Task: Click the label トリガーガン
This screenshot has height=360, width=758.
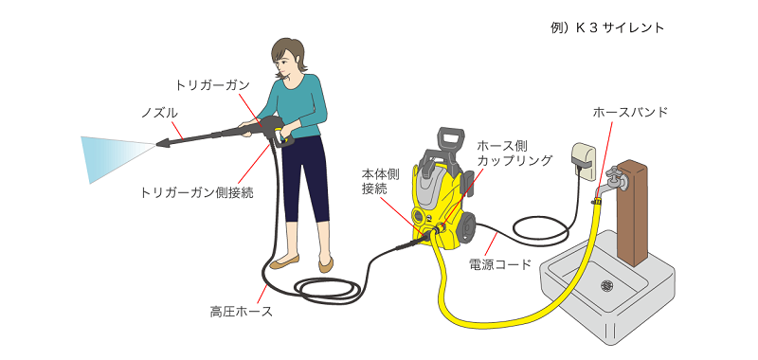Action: [212, 86]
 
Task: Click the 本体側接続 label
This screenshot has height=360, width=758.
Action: [374, 181]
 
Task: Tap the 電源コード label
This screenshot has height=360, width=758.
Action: [500, 265]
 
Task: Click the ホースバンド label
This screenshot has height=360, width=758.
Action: [630, 113]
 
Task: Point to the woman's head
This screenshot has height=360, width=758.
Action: [289, 57]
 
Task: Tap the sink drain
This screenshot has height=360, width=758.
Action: [606, 285]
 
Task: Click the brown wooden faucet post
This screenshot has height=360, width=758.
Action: [632, 212]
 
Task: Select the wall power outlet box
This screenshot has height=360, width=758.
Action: [584, 160]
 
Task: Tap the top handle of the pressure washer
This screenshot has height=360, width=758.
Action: [449, 138]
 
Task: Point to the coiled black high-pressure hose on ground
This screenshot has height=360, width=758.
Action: [329, 291]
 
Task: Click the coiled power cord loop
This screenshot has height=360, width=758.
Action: [540, 231]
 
